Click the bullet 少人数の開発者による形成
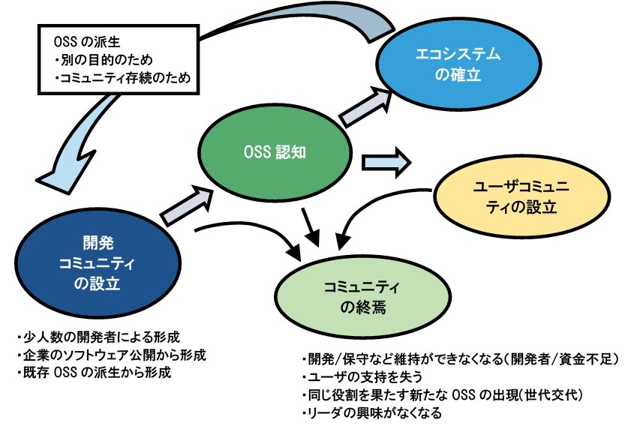click(98, 337)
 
